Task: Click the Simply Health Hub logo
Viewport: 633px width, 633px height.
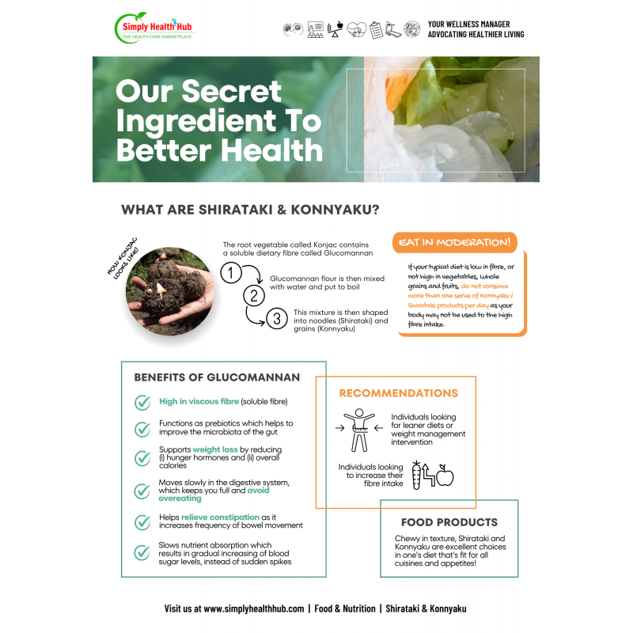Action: pyautogui.click(x=154, y=28)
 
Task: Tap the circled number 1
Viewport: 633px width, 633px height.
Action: pyautogui.click(x=231, y=273)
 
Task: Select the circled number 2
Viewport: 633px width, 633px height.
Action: pyautogui.click(x=254, y=296)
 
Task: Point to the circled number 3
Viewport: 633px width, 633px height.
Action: pyautogui.click(x=277, y=319)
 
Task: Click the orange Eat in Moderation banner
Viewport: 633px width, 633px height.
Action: pyautogui.click(x=454, y=242)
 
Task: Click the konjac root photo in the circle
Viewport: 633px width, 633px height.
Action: pyautogui.click(x=170, y=291)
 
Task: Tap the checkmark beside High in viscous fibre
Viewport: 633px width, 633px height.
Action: pyautogui.click(x=142, y=402)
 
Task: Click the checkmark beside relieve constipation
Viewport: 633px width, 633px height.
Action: pyautogui.click(x=142, y=522)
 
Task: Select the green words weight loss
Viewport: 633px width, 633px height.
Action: pyautogui.click(x=215, y=449)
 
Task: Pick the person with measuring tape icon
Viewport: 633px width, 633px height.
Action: pyautogui.click(x=359, y=430)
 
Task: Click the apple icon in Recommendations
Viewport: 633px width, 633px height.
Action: pyautogui.click(x=445, y=476)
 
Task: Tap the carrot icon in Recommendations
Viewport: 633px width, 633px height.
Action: pyautogui.click(x=416, y=476)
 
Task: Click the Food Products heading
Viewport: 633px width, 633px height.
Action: pyautogui.click(x=449, y=522)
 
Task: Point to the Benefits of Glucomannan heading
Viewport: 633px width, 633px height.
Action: pyautogui.click(x=217, y=377)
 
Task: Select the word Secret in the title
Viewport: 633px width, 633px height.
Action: pyautogui.click(x=231, y=91)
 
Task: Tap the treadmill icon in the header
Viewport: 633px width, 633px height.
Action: pyautogui.click(x=393, y=29)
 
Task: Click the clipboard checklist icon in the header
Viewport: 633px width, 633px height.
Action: pyautogui.click(x=376, y=30)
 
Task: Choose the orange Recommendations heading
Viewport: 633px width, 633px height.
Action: pyautogui.click(x=399, y=393)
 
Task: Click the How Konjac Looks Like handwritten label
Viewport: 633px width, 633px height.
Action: pyautogui.click(x=123, y=259)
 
